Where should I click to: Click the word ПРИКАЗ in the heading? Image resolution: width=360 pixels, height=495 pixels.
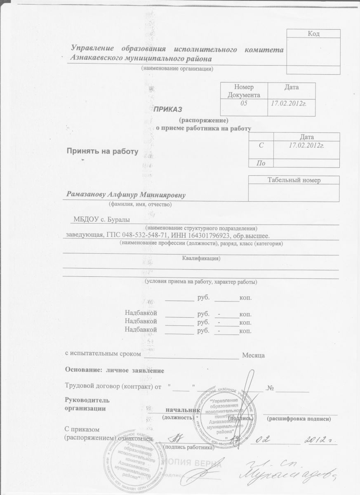pos(168,108)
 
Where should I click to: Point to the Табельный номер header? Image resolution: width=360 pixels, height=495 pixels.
pos(294,180)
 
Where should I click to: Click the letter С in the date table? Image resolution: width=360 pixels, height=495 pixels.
pos(261,145)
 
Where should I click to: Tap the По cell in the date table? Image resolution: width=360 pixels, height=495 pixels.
pos(261,163)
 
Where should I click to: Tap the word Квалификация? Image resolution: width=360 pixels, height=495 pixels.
pos(201,259)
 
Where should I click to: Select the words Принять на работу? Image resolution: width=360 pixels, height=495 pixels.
pos(102,151)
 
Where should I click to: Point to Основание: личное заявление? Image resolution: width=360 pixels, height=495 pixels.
pos(115,370)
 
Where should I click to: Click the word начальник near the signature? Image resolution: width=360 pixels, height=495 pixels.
pos(183,410)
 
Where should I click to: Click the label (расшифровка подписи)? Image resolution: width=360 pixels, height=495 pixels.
pos(299,419)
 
